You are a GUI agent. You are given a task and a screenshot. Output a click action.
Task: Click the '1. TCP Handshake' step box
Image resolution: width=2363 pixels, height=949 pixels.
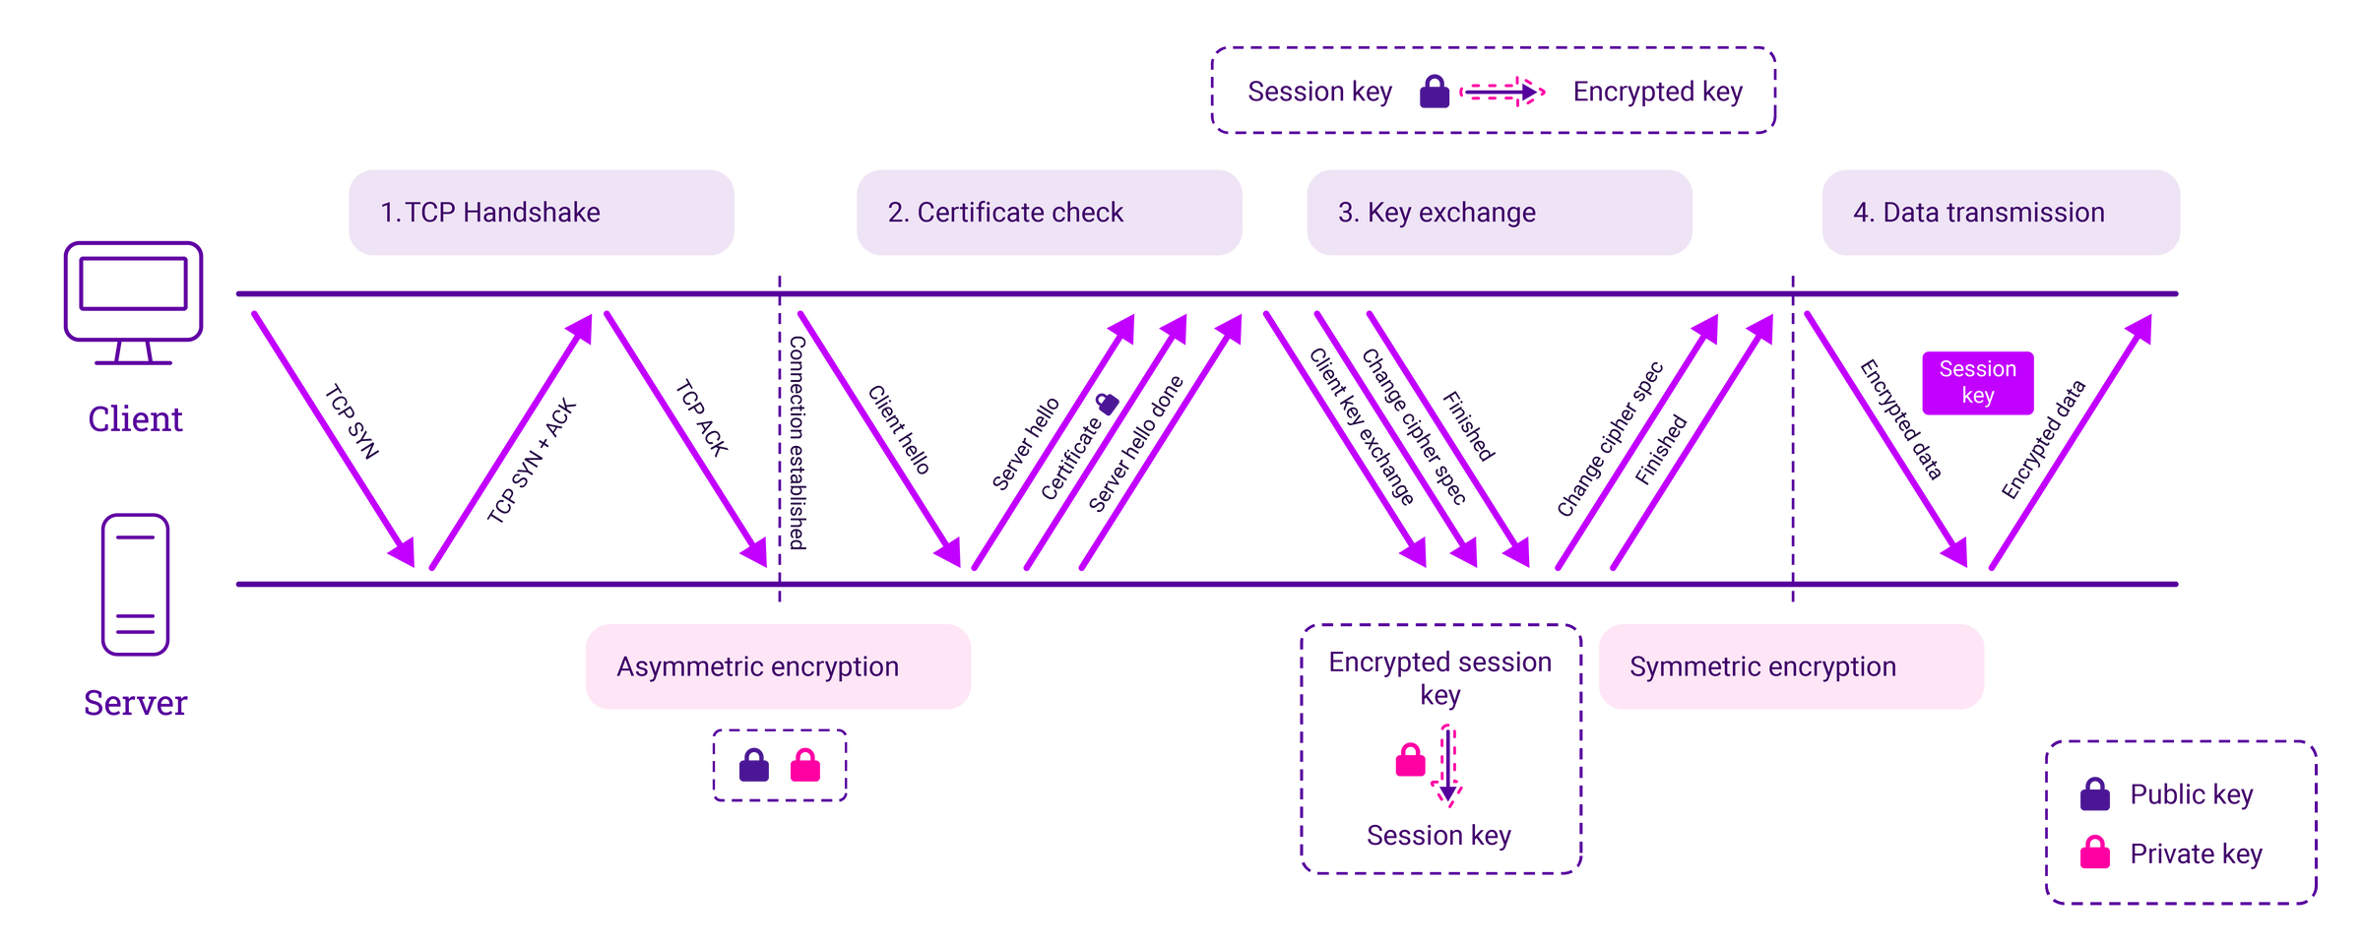(541, 213)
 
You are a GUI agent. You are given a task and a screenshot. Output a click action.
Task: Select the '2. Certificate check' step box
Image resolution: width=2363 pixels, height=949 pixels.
(1049, 213)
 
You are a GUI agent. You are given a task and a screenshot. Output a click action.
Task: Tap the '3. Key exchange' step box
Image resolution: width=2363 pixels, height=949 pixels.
(1499, 213)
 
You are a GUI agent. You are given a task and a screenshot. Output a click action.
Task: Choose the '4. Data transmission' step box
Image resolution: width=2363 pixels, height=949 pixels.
(2001, 213)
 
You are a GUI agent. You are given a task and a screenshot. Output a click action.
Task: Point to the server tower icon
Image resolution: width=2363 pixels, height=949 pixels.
(136, 584)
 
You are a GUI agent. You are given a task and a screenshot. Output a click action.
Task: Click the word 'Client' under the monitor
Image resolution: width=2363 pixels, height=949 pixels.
(136, 419)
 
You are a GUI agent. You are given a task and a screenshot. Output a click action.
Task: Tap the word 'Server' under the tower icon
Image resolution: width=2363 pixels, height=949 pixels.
(136, 703)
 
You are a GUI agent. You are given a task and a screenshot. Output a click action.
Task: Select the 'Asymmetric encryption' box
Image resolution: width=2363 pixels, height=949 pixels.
(778, 666)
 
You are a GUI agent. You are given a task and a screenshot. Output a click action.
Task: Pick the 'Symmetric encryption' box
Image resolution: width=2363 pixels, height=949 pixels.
(1791, 666)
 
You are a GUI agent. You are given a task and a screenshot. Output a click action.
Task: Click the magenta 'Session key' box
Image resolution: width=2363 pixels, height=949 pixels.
(1977, 383)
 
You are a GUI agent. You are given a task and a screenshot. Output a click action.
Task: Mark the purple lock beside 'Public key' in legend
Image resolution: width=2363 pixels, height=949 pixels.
(2094, 793)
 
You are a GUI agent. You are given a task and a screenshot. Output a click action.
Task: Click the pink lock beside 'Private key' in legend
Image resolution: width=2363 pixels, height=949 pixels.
(2094, 853)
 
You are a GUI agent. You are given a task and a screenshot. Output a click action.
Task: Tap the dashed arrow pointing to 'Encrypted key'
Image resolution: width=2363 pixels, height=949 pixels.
(1502, 92)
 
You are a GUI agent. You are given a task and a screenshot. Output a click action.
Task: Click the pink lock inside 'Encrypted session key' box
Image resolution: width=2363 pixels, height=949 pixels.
(1410, 760)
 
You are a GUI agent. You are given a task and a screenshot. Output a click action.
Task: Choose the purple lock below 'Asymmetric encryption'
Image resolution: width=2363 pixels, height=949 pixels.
(753, 766)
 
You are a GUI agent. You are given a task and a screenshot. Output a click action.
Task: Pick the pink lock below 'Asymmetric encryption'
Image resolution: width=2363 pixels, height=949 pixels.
(804, 766)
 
